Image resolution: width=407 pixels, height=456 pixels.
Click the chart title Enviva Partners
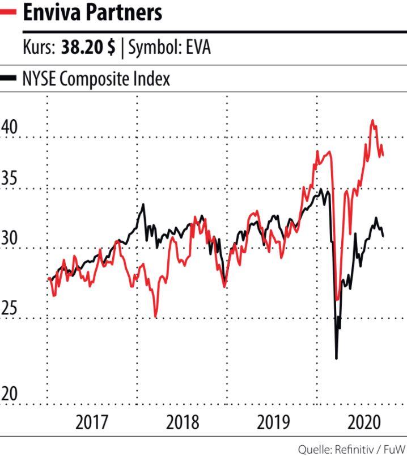pos(92,12)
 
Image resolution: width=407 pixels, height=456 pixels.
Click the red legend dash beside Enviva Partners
pos(9,12)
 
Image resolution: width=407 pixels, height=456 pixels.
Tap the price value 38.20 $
pos(87,48)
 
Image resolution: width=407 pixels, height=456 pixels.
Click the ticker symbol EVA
pos(196,48)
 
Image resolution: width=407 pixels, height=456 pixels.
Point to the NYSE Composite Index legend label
pos(96,78)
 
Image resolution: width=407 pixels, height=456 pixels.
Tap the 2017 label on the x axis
pos(92,423)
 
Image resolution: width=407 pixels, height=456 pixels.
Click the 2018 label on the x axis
pos(183,423)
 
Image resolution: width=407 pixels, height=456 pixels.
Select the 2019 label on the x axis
pos(273,423)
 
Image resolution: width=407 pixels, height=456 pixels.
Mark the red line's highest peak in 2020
pos(372,120)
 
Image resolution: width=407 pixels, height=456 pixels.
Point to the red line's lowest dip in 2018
pos(155,316)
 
